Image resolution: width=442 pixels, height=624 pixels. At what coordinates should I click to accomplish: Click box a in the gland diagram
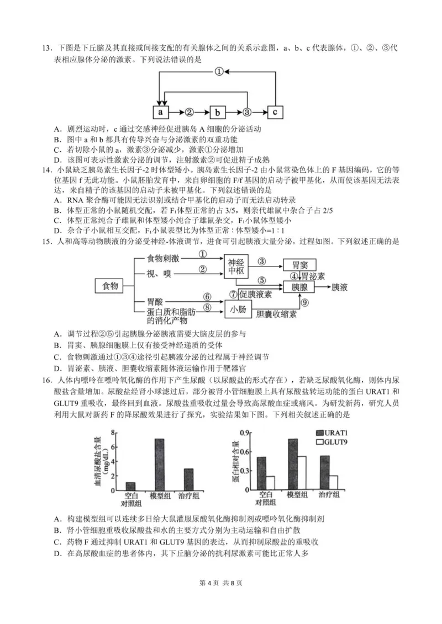point(160,112)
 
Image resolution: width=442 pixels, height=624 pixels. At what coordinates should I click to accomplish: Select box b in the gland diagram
point(218,112)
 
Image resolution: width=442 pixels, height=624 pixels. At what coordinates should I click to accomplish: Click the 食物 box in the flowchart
point(107,286)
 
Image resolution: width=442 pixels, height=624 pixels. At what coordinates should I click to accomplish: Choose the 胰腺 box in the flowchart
point(303,287)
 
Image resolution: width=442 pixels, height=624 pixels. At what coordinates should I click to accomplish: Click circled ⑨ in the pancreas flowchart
point(304,302)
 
